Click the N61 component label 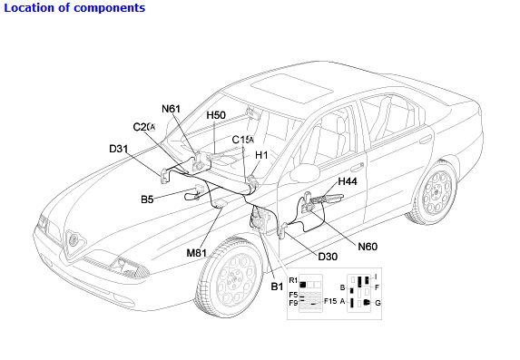tap(171, 109)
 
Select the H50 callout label tap(216, 115)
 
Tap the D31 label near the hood tap(118, 149)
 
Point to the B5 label tap(147, 199)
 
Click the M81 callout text tap(196, 253)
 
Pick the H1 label tap(261, 155)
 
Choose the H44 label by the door tap(348, 181)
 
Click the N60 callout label tap(368, 247)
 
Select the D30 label tap(328, 257)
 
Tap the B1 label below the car tap(277, 287)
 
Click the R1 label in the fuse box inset tap(293, 280)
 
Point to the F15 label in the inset tap(330, 301)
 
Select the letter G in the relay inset tap(378, 303)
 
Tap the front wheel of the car tap(231, 277)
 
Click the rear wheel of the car tap(435, 193)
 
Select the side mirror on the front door tap(304, 172)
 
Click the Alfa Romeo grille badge tap(73, 238)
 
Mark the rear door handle tap(426, 140)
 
